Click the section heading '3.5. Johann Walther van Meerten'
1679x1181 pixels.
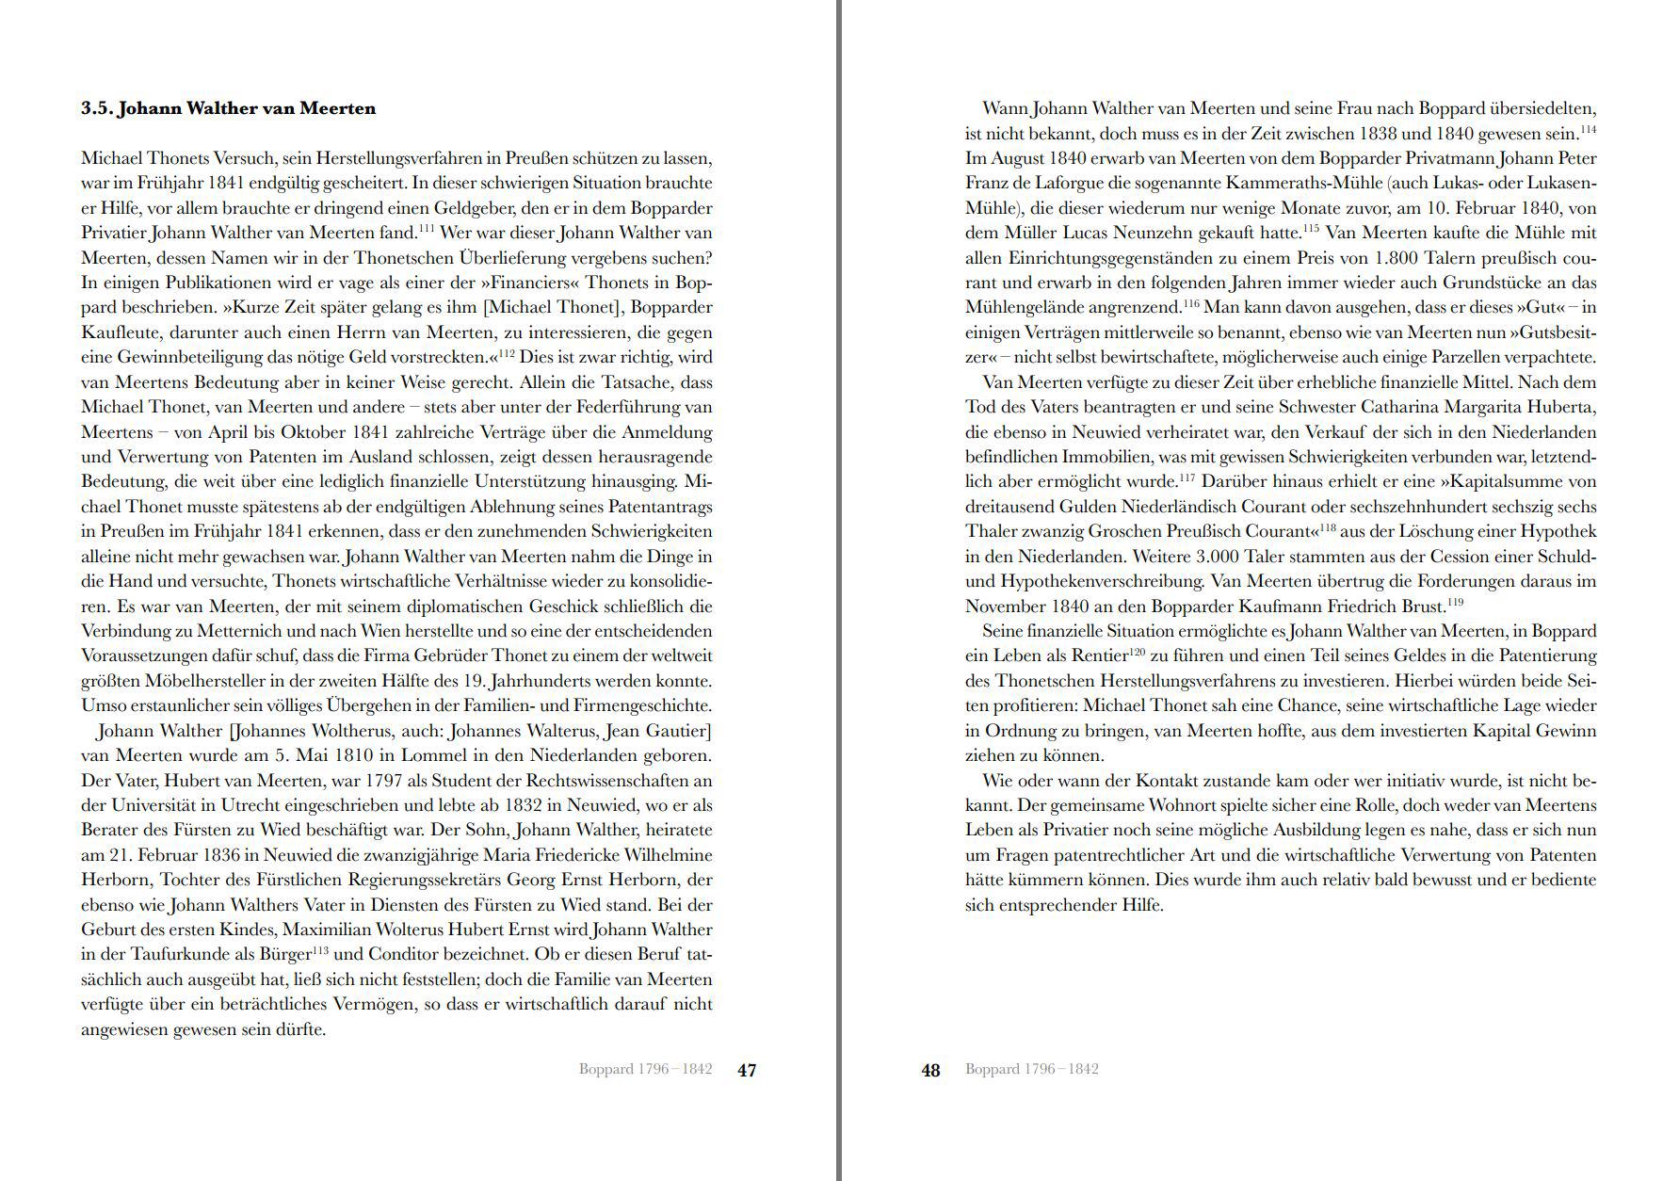pos(228,108)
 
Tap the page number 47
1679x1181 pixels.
pos(747,1070)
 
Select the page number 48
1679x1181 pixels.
pos(930,1070)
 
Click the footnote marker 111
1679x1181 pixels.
pos(426,228)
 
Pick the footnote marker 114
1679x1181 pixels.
pos(1588,129)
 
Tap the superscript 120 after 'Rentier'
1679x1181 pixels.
pos(1137,651)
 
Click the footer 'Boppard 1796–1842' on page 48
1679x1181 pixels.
pos(1031,1069)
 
